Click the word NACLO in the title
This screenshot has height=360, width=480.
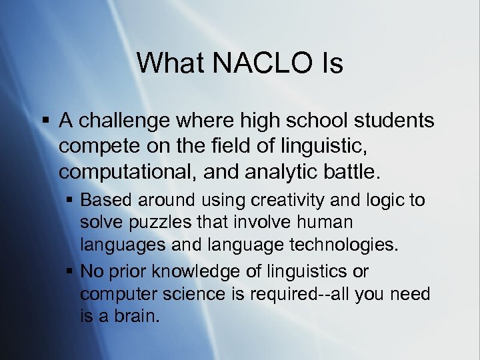pyautogui.click(x=254, y=63)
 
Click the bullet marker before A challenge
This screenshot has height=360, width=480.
pyautogui.click(x=46, y=121)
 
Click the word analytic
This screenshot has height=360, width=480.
pyautogui.click(x=269, y=173)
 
